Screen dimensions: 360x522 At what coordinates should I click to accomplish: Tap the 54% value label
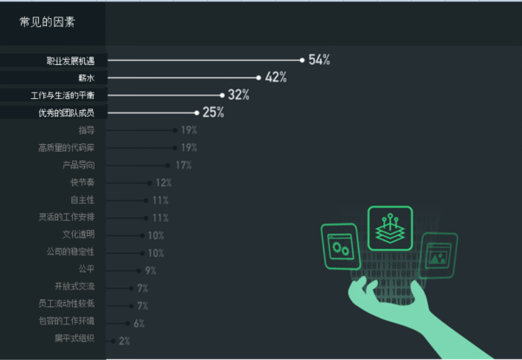(x=319, y=60)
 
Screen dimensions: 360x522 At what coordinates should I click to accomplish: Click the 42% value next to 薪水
(x=276, y=78)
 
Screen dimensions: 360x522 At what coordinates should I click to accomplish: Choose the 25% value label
(x=213, y=113)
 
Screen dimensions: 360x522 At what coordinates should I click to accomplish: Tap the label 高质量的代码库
(x=72, y=148)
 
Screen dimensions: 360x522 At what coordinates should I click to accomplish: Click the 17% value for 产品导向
(x=184, y=166)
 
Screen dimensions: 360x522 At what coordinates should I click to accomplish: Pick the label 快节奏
(x=82, y=183)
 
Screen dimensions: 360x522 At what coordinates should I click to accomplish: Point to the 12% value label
(x=163, y=183)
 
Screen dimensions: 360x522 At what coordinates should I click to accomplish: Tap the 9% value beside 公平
(x=151, y=271)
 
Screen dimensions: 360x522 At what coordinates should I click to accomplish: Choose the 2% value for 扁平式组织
(x=124, y=341)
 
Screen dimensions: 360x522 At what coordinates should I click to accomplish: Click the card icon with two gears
(x=340, y=243)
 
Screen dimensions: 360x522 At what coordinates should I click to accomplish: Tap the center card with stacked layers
(x=389, y=229)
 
